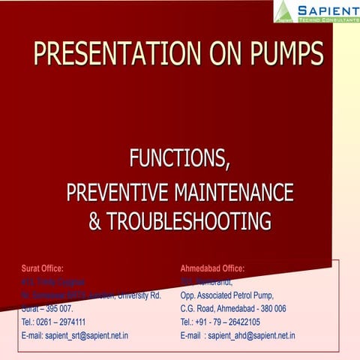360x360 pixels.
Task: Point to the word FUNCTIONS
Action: click(x=180, y=160)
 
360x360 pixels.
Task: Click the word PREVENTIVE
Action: click(x=119, y=193)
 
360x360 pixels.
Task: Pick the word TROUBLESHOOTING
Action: click(x=190, y=222)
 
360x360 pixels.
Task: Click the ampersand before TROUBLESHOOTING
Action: click(x=95, y=222)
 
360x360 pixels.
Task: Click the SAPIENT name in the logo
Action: click(x=327, y=9)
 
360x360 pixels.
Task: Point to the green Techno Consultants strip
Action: click(x=328, y=21)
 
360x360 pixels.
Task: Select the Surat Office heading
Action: click(x=43, y=268)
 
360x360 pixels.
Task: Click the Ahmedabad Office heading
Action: click(x=212, y=268)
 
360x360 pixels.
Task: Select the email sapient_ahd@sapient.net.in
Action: click(x=251, y=335)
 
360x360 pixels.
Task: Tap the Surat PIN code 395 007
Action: click(x=57, y=308)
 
